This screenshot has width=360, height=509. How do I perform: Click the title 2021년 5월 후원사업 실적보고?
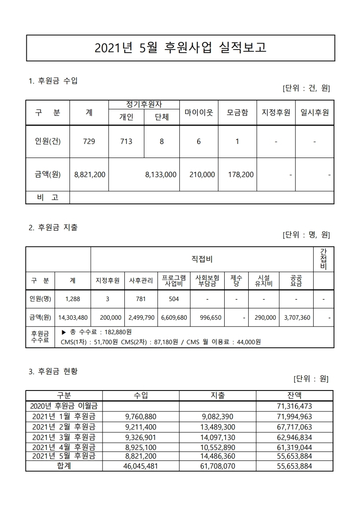pyautogui.click(x=180, y=48)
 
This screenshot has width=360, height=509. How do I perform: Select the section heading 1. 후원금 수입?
pyautogui.click(x=53, y=81)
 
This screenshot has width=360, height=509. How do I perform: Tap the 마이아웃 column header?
pyautogui.click(x=199, y=112)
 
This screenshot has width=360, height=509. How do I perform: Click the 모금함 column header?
pyautogui.click(x=237, y=112)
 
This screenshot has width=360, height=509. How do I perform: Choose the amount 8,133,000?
pyautogui.click(x=161, y=174)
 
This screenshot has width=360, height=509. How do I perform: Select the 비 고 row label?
pyautogui.click(x=48, y=198)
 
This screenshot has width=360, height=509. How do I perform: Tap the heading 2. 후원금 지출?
pyautogui.click(x=53, y=228)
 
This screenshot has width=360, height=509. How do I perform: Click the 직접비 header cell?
pyautogui.click(x=202, y=259)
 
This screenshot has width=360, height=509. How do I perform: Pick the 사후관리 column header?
pyautogui.click(x=141, y=281)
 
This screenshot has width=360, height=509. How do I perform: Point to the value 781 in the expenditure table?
pyautogui.click(x=141, y=299)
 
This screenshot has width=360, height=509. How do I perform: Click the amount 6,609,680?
pyautogui.click(x=174, y=318)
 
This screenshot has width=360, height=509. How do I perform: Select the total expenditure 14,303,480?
pyautogui.click(x=73, y=318)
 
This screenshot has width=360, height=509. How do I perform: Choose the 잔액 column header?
pyautogui.click(x=295, y=395)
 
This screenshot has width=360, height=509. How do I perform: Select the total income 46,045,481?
pyautogui.click(x=141, y=466)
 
